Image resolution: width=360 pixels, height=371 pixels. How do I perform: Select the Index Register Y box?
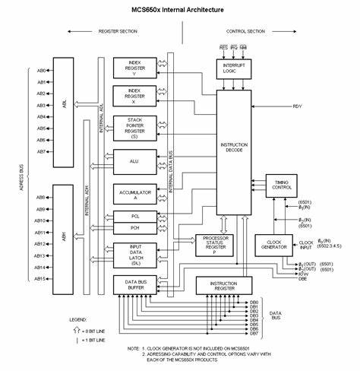pyautogui.click(x=134, y=68)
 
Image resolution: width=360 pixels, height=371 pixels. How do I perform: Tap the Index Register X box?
pyautogui.click(x=134, y=96)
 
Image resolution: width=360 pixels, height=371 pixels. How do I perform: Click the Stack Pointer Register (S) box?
pyautogui.click(x=134, y=127)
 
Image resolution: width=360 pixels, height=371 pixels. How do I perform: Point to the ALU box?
pyautogui.click(x=134, y=160)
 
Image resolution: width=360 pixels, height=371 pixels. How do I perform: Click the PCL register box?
pyautogui.click(x=134, y=217)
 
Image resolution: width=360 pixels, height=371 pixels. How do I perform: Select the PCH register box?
pyautogui.click(x=134, y=228)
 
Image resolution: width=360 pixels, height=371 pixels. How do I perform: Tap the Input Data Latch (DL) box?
pyautogui.click(x=134, y=253)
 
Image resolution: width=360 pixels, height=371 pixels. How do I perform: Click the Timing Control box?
pyautogui.click(x=283, y=183)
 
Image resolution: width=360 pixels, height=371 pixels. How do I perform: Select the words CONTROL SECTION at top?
pyautogui.click(x=245, y=31)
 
